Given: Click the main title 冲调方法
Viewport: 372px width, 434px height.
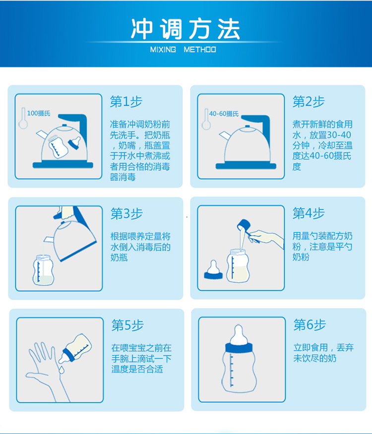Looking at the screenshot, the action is pyautogui.click(x=186, y=29).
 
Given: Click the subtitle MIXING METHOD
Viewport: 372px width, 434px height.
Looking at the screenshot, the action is pyautogui.click(x=183, y=50).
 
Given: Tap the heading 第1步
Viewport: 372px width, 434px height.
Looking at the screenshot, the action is pyautogui.click(x=126, y=102).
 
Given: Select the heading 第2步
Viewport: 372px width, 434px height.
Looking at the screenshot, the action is pyautogui.click(x=309, y=102).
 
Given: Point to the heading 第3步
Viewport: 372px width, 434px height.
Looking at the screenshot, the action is pyautogui.click(x=126, y=214).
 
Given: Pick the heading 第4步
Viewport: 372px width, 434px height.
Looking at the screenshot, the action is pyautogui.click(x=309, y=213).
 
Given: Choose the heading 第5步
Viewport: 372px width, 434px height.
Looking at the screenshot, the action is pyautogui.click(x=127, y=325).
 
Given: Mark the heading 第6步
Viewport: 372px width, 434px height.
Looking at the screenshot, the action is pyautogui.click(x=310, y=324).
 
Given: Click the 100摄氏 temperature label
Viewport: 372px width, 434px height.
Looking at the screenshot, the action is pyautogui.click(x=39, y=113).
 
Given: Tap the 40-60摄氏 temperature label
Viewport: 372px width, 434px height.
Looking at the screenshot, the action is pyautogui.click(x=224, y=114).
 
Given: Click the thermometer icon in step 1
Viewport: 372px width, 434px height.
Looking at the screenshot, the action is pyautogui.click(x=23, y=118).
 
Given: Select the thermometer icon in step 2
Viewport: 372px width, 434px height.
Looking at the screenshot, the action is pyautogui.click(x=206, y=120).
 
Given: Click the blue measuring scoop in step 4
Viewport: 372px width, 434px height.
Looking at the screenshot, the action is pyautogui.click(x=244, y=225).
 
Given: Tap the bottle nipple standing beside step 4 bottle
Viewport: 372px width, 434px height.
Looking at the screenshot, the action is pyautogui.click(x=213, y=270).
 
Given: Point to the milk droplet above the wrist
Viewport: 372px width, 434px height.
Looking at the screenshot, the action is pyautogui.click(x=61, y=370).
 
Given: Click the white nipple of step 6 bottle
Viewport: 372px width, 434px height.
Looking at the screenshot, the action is pyautogui.click(x=239, y=335).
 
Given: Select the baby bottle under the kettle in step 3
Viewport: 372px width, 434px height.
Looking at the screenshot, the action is pyautogui.click(x=43, y=270).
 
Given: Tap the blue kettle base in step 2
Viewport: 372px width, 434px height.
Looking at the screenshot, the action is pyautogui.click(x=246, y=166).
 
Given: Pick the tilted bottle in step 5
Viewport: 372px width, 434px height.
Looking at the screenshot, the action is pyautogui.click(x=75, y=349).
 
